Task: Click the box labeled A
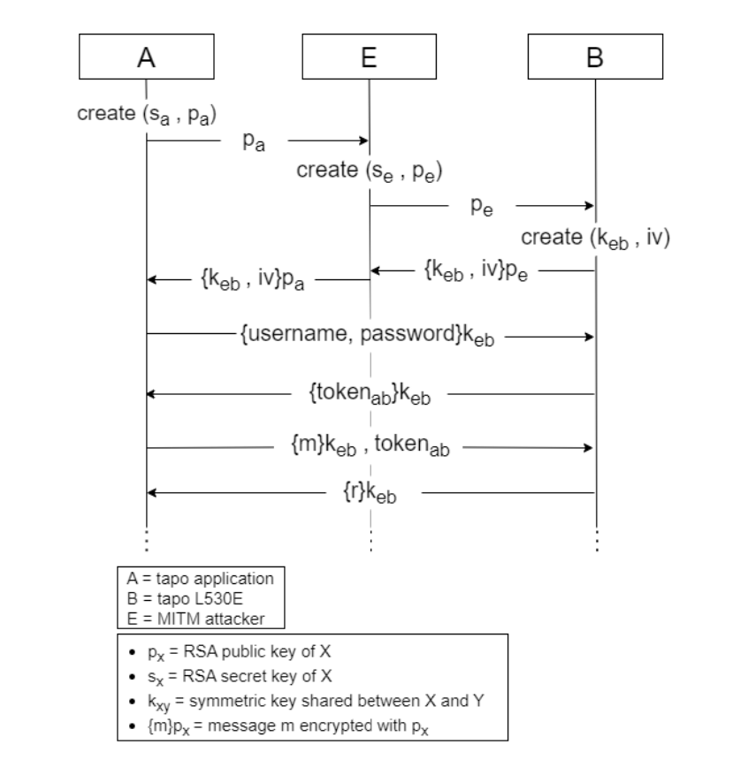pos(146,58)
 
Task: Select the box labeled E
pos(370,58)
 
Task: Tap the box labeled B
pos(594,58)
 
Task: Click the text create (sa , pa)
pos(147,116)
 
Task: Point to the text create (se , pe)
pos(370,171)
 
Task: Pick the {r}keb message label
pos(370,492)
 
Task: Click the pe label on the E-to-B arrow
pos(482,207)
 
